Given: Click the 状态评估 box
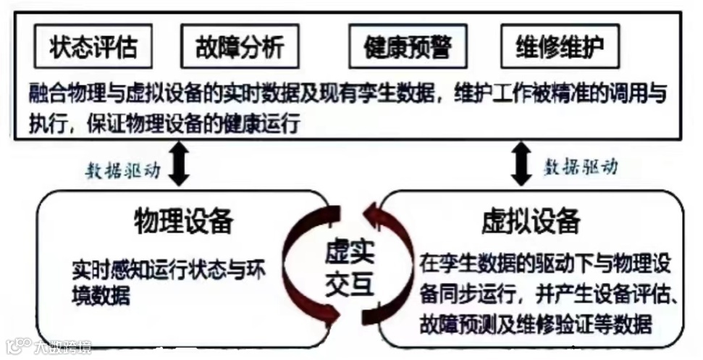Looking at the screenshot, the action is [x=93, y=47].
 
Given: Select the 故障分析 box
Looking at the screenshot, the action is [x=240, y=47].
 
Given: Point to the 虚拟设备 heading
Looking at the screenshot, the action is [x=531, y=220].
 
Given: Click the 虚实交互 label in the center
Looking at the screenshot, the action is [x=349, y=267].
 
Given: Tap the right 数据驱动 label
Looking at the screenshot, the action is [x=581, y=167].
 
